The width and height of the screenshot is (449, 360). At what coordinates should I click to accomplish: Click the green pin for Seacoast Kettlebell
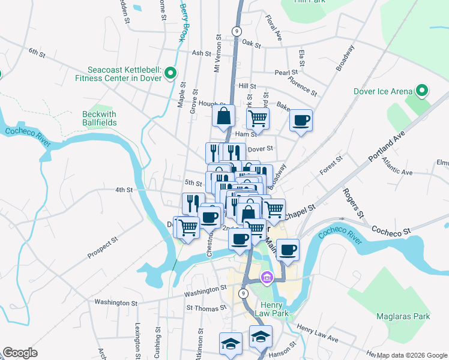(x=170, y=74)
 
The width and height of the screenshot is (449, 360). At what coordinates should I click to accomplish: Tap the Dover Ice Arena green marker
(x=421, y=91)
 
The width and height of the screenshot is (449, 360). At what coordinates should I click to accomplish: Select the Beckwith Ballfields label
(x=100, y=118)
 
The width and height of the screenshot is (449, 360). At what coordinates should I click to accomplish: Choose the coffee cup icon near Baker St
(x=301, y=120)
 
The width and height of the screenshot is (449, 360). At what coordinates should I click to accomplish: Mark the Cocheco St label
(x=390, y=230)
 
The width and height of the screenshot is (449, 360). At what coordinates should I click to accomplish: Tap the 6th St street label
(x=37, y=52)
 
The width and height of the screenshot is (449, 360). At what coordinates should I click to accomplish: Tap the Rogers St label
(x=353, y=202)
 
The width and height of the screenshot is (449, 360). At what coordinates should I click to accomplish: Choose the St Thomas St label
(x=205, y=308)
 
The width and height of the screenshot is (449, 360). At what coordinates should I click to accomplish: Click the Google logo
(x=20, y=353)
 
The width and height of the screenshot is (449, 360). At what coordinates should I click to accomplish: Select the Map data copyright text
(x=412, y=355)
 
